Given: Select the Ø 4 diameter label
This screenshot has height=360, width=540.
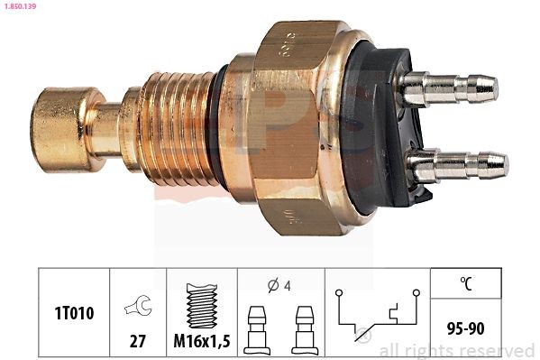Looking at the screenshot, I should (x=279, y=284).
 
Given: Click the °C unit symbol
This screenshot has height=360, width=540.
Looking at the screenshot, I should (x=466, y=284).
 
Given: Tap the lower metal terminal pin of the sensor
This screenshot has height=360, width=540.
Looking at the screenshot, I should (x=455, y=166).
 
